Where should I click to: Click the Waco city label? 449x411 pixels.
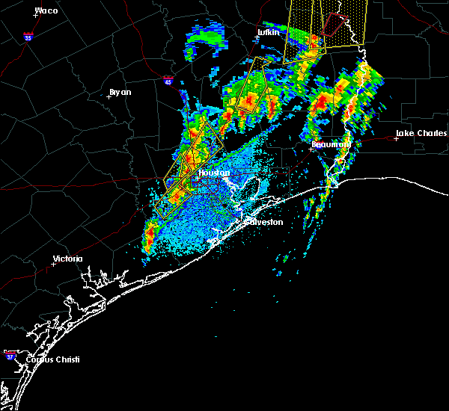(46, 11)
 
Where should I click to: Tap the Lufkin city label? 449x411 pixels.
(267, 33)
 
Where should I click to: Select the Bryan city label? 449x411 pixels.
(120, 92)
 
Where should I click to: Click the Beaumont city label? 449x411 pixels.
(331, 143)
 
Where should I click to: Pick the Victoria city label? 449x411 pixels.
(67, 259)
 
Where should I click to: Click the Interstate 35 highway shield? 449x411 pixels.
(28, 37)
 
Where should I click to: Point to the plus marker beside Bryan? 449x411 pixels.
(109, 96)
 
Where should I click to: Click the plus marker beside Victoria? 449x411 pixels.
(53, 264)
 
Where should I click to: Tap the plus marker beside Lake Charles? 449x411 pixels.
(396, 138)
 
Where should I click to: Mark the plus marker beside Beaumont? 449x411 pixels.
(311, 149)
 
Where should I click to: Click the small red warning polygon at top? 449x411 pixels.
(332, 24)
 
